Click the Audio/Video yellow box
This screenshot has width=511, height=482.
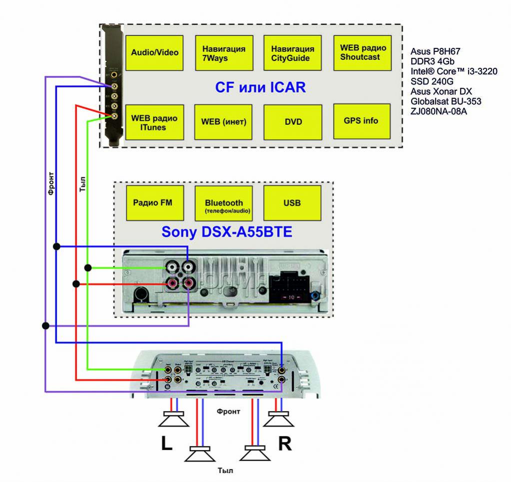point(155,52)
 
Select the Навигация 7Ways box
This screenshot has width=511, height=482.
point(224,52)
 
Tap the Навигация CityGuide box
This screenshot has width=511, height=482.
point(292,52)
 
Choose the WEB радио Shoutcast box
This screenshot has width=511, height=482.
point(362,52)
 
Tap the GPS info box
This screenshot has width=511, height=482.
point(361,121)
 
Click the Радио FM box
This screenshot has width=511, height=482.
point(155,203)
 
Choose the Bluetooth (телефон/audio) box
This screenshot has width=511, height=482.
point(224,203)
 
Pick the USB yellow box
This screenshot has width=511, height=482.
point(292,203)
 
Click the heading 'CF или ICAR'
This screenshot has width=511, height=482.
point(260,88)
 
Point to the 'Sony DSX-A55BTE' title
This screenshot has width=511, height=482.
point(226,233)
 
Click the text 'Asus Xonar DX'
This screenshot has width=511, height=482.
point(441,91)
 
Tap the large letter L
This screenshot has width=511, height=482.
point(166,444)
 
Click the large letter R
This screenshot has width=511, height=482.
point(285,444)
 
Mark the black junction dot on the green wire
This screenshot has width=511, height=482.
point(88,268)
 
